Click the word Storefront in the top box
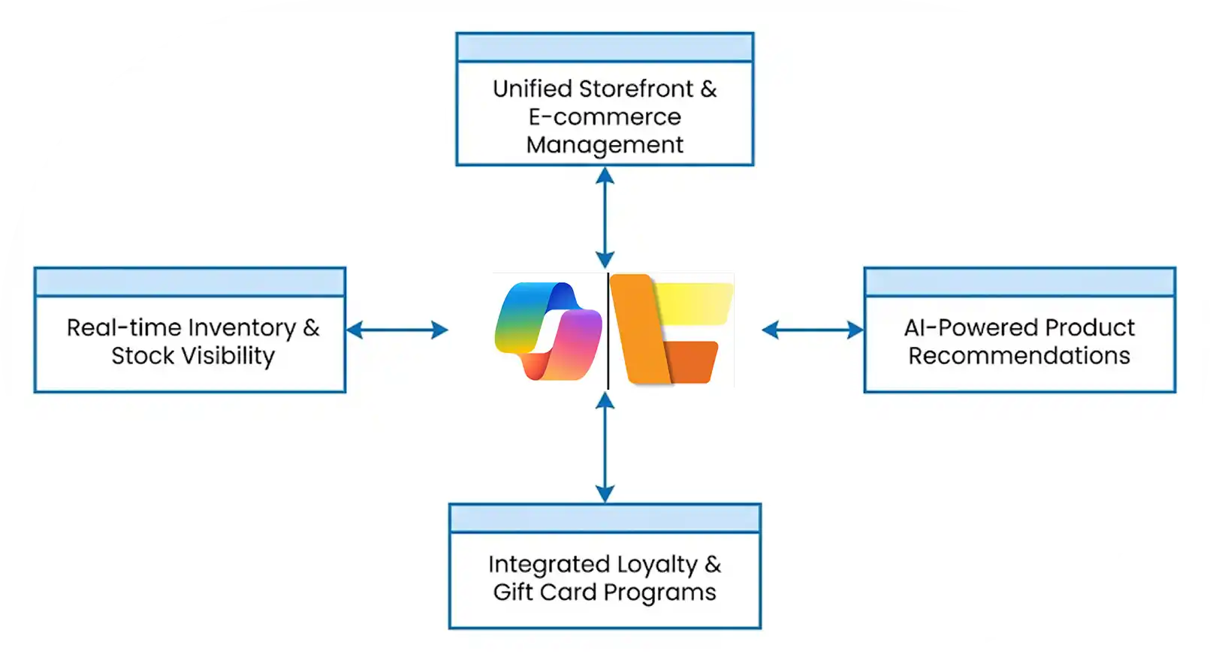pos(636,89)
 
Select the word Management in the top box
pos(605,145)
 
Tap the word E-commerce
pos(605,117)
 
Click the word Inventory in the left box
pos(242,328)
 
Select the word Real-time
pos(124,328)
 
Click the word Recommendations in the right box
pos(1019,356)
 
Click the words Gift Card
pos(545,592)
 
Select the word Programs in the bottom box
pos(660,592)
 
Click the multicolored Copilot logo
pos(548,330)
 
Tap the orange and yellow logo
pos(671,330)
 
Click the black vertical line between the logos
pos(608,330)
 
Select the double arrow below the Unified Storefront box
pos(605,218)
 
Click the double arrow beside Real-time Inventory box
pos(397,330)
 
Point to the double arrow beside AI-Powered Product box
pos(813,330)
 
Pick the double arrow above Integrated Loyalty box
pos(605,448)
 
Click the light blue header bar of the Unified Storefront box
pos(605,48)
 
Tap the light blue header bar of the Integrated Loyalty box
pos(605,519)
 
